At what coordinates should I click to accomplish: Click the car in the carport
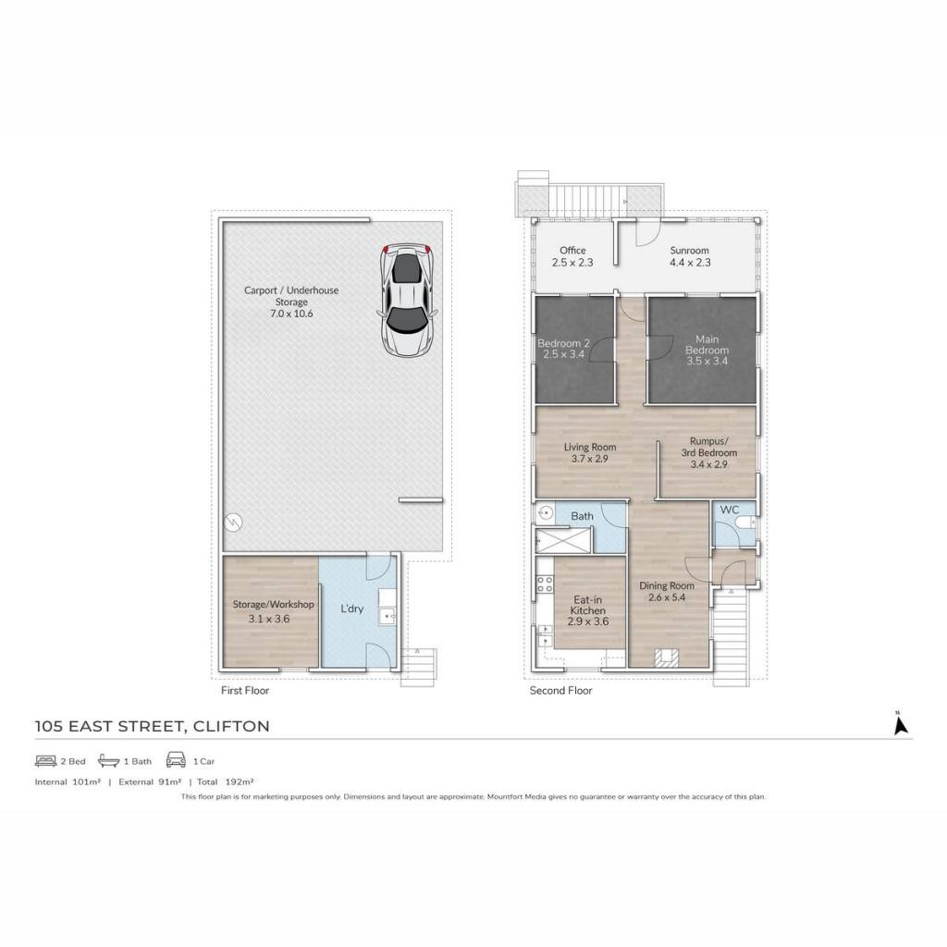click(x=408, y=300)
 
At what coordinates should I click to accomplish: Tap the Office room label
click(x=572, y=250)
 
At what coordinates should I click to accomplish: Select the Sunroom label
click(x=689, y=250)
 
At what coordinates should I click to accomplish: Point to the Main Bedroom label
click(x=707, y=344)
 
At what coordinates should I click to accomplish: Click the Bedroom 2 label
click(x=563, y=343)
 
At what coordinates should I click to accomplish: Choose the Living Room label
click(x=590, y=447)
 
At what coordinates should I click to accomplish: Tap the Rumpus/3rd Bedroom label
click(x=709, y=447)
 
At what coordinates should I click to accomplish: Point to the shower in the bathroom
click(x=563, y=540)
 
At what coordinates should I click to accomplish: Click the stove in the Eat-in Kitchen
click(x=545, y=584)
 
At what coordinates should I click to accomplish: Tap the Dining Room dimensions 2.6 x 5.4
click(x=667, y=597)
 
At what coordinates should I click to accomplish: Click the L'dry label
click(x=351, y=609)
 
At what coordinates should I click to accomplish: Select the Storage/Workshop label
click(x=273, y=604)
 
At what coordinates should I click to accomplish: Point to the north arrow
click(x=901, y=722)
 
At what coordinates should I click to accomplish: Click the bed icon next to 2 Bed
click(x=45, y=761)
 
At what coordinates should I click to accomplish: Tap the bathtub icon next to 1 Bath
click(x=109, y=760)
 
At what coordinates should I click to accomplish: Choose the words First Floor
click(x=244, y=690)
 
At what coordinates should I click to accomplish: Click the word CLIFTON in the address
click(x=230, y=726)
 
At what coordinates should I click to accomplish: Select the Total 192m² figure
click(x=226, y=781)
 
